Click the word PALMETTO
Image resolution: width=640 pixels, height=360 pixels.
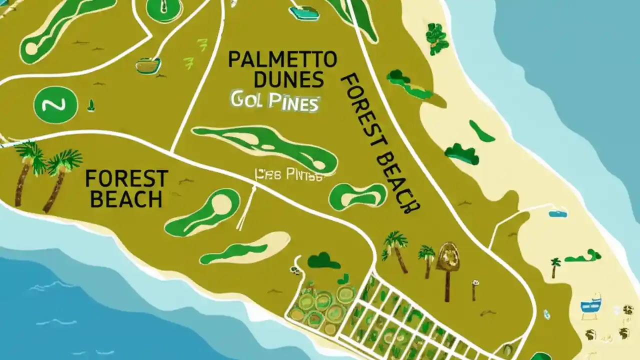tap(282, 59)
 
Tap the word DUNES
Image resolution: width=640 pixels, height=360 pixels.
tap(288, 79)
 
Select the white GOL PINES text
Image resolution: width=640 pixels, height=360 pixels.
tap(274, 102)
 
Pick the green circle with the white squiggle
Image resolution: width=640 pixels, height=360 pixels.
tap(55, 104)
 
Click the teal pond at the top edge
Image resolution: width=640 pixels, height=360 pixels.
tap(304, 12)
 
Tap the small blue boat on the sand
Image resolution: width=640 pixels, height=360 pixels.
tap(557, 213)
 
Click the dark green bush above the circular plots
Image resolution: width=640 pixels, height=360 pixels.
tap(324, 260)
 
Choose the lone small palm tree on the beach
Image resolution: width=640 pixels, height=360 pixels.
tap(554, 266)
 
